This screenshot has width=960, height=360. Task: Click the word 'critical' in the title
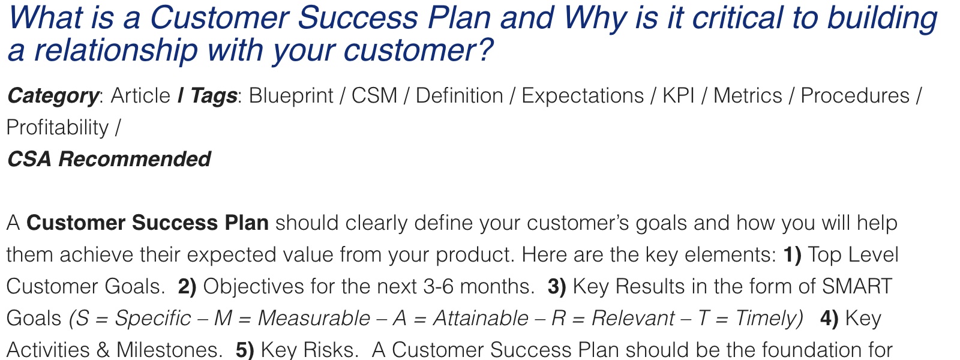pos(737,19)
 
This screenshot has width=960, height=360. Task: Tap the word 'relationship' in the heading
pos(116,50)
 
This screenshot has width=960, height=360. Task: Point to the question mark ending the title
pos(485,49)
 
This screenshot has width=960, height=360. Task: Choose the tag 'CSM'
pos(374,95)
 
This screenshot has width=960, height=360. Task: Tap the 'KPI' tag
pos(679,95)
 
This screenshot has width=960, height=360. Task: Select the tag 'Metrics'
pos(748,95)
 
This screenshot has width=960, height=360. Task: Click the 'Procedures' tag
pos(855,95)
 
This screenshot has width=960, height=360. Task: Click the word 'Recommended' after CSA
pos(134,159)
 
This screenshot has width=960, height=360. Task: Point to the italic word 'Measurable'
pos(314,319)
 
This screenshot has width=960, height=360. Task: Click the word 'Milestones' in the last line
pos(170,350)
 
